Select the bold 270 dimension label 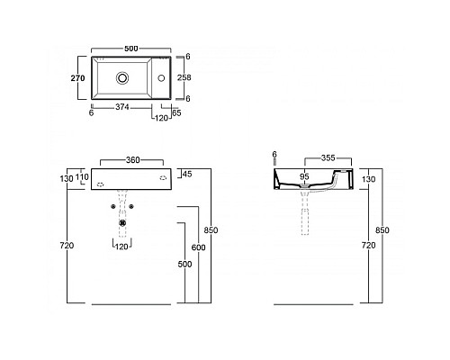pos(78,79)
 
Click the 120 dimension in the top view pos(161,118)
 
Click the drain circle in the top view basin pos(121,79)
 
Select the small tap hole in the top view pos(163,79)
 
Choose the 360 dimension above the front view pos(132,159)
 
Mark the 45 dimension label pos(186,174)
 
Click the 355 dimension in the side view pos(329,157)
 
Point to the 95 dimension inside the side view pos(304,176)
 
